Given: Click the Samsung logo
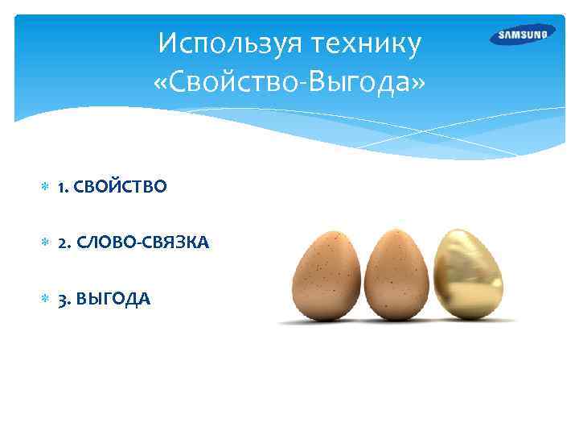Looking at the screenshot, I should point(522,35).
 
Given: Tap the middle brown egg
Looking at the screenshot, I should point(396,275).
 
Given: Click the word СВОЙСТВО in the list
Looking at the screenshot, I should point(121,187).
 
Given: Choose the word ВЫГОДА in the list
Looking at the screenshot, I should point(113,299).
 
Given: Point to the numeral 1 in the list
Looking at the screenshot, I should point(60,187).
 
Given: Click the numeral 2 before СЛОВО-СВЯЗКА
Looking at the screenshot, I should point(61,242).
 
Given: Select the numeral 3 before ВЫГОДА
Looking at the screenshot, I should point(61,299).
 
